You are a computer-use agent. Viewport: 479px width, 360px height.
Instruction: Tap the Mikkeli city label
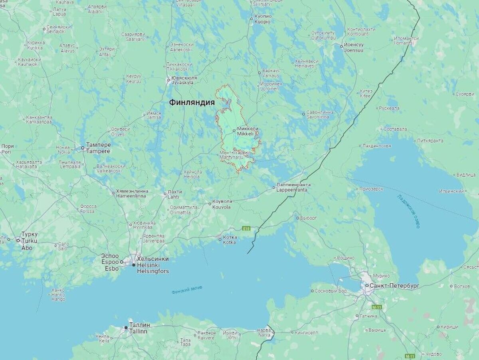248,131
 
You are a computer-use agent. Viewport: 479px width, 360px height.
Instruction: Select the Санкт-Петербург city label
394,286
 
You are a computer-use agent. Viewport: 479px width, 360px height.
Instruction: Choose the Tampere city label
98,148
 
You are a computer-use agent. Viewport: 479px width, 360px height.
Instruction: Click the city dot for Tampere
83,148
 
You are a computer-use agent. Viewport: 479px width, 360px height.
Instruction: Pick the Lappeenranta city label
293,187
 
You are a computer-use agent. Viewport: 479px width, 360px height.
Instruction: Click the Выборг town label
309,218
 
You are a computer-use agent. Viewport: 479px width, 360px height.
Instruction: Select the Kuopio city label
262,19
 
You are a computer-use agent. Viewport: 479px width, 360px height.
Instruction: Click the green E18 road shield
246,229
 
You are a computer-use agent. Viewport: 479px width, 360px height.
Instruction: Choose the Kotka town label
230,240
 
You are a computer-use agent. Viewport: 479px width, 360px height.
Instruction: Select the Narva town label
263,333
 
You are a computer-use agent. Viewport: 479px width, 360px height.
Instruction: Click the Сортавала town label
395,129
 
